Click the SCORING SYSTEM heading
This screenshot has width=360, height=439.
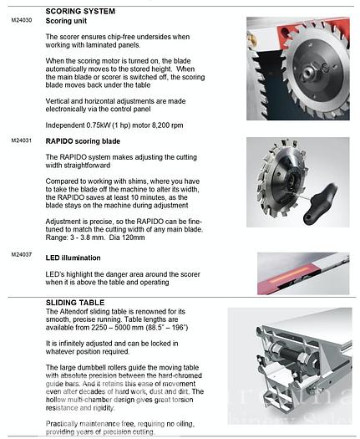(80, 11)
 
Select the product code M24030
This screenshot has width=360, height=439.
(22, 20)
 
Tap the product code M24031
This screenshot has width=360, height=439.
(22, 140)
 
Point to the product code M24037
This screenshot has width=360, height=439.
(22, 254)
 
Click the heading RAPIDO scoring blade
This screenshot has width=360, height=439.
(83, 141)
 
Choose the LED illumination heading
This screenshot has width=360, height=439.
(73, 258)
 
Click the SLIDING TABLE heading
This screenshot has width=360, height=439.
(75, 303)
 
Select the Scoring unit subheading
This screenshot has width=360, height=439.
(66, 21)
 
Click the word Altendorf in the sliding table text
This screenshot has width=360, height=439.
(74, 312)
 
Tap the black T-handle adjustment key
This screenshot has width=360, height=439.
(321, 201)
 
